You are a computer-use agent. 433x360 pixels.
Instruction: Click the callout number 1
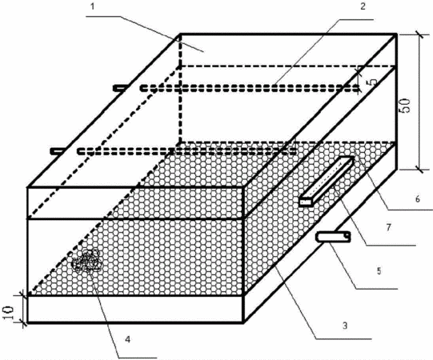[x=93, y=6]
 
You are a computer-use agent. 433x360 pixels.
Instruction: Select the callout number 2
[x=363, y=6]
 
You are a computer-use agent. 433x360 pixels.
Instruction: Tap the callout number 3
[x=345, y=326]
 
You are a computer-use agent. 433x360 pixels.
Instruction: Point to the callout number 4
[x=127, y=339]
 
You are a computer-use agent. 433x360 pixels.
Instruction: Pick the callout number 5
[x=379, y=271]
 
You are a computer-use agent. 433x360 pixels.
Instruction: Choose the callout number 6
[x=418, y=198]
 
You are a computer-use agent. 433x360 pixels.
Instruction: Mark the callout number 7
[x=389, y=227]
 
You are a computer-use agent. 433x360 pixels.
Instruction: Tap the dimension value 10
[x=9, y=313]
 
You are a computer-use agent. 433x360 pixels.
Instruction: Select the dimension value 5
[x=373, y=82]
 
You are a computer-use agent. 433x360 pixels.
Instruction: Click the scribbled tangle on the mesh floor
[x=87, y=261]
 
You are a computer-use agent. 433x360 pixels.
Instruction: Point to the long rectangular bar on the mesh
[x=327, y=182]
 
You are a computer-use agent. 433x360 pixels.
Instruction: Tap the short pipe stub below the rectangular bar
[x=334, y=237]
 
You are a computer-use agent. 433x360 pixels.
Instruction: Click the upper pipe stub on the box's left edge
[x=120, y=88]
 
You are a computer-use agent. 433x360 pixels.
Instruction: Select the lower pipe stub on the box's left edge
[x=58, y=151]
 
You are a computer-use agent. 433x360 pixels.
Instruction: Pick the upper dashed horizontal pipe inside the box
[x=250, y=89]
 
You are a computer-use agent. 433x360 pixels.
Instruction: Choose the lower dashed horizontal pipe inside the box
[x=187, y=151]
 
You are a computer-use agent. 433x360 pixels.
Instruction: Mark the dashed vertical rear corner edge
[x=180, y=88]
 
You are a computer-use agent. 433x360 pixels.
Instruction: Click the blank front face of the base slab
[x=135, y=309]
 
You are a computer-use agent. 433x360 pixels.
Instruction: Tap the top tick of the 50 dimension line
[x=420, y=34]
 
